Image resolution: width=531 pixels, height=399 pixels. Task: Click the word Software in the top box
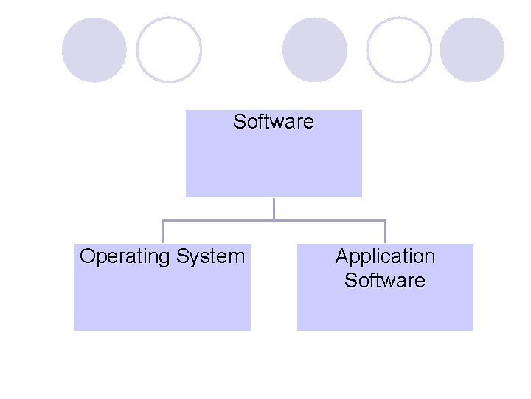tap(273, 121)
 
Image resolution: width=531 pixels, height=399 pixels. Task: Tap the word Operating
tap(125, 257)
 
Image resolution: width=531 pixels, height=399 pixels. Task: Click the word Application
tap(385, 256)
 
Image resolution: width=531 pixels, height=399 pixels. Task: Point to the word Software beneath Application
tap(385, 281)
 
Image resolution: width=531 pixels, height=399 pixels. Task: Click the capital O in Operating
tap(87, 256)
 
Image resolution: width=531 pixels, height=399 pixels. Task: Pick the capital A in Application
tap(342, 256)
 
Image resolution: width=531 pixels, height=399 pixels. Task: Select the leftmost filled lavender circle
tap(94, 50)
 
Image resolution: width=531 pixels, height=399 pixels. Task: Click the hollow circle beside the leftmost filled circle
tap(169, 50)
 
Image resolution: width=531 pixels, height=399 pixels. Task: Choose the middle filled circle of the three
tap(315, 50)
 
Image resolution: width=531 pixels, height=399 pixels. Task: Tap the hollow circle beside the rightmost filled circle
tap(399, 50)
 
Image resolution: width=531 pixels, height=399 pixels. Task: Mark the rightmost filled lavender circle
tap(473, 50)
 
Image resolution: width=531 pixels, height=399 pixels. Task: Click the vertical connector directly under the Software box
tap(274, 208)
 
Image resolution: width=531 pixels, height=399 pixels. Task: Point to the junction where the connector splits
tap(274, 220)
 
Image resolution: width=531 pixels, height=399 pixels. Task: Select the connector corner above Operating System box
tap(162, 220)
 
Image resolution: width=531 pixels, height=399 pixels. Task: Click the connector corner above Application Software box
tap(385, 220)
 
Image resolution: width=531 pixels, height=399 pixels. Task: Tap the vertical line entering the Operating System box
tap(162, 233)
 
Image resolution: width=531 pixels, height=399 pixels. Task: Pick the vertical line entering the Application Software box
tap(385, 233)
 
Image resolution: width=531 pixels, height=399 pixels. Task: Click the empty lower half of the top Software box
tap(274, 170)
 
